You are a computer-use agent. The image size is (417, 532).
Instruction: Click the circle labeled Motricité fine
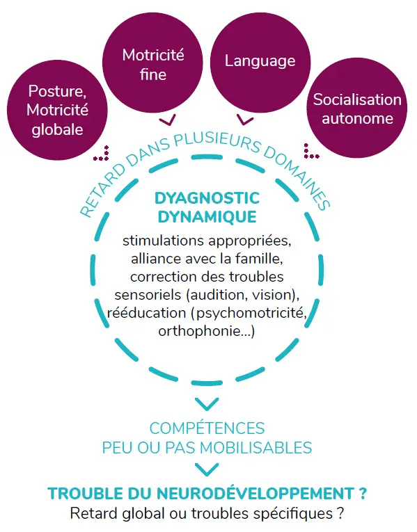point(153,63)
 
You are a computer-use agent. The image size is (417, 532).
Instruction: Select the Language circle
point(260,63)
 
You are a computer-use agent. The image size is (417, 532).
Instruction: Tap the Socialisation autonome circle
point(357,108)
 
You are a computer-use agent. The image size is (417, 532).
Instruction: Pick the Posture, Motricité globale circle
point(57,110)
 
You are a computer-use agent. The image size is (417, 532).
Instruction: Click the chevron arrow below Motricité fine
point(167,120)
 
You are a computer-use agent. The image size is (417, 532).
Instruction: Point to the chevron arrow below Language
point(245,120)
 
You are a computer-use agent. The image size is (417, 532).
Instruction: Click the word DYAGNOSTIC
point(207,198)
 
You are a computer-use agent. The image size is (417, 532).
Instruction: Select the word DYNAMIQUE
point(207,217)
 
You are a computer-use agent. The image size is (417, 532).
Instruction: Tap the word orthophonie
point(199,331)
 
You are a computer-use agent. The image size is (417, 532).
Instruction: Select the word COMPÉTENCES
point(207,428)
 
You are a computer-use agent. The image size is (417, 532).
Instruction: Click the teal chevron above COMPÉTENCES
point(207,403)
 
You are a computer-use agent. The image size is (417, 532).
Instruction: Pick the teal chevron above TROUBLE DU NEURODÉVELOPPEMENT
point(207,469)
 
